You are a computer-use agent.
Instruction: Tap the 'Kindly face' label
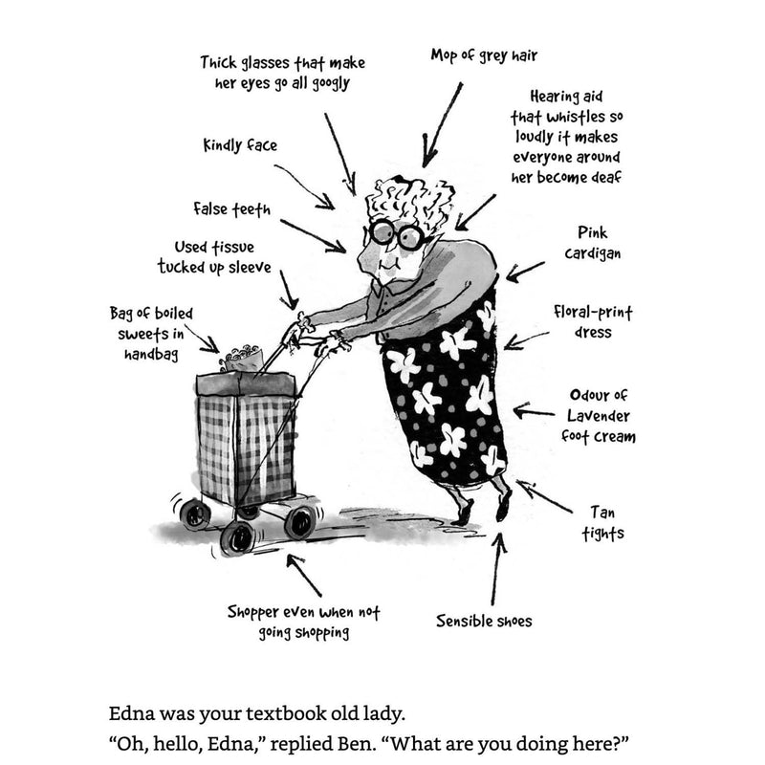tap(240, 146)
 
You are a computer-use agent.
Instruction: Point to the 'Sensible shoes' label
tap(484, 621)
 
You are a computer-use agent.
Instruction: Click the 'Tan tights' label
tap(602, 523)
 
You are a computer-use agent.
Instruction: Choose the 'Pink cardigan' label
tap(592, 243)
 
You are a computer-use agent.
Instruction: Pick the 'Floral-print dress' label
tap(594, 322)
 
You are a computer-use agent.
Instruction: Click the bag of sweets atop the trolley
tap(239, 359)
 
